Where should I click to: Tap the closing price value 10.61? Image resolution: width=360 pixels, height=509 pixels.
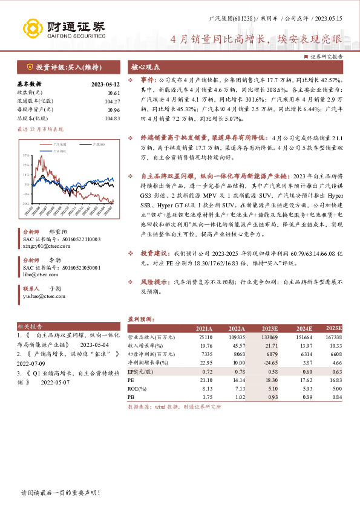pyautogui.click(x=113, y=93)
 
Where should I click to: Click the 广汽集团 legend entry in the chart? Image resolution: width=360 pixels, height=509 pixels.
pyautogui.click(x=59, y=145)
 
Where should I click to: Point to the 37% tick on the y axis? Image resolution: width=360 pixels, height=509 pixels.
pyautogui.click(x=27, y=156)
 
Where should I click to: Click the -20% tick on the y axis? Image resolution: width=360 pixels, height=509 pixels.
pyautogui.click(x=27, y=204)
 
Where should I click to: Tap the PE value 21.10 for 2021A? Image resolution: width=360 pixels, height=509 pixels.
pyautogui.click(x=205, y=379)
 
